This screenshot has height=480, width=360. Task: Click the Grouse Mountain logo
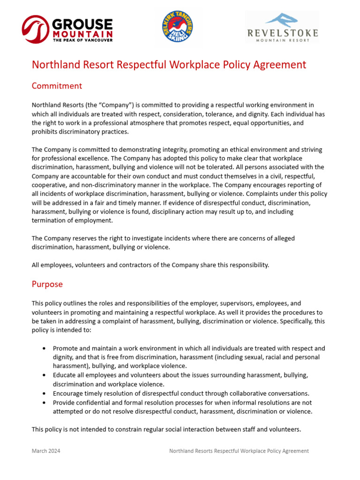tap(67, 30)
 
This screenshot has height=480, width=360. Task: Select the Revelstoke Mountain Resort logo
tap(282, 28)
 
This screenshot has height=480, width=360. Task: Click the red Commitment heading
tap(57, 86)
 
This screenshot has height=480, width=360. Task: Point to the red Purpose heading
tap(47, 284)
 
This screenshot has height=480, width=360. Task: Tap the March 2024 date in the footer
tap(46, 451)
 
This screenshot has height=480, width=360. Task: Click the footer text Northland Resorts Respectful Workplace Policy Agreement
tap(239, 451)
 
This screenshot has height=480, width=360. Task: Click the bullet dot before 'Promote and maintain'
tap(44, 349)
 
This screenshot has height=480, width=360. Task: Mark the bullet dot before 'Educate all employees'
tap(44, 375)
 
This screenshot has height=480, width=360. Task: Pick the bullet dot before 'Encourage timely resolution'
tap(44, 394)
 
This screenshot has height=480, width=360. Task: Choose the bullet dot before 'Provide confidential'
tap(44, 403)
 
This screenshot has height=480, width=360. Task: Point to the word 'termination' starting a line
tap(49, 220)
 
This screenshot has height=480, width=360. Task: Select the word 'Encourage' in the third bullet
tap(68, 394)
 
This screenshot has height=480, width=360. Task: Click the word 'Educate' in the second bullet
tap(65, 375)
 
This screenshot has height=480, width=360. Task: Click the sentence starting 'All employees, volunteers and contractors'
tap(150, 265)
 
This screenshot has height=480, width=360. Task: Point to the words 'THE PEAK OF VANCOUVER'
tap(82, 40)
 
